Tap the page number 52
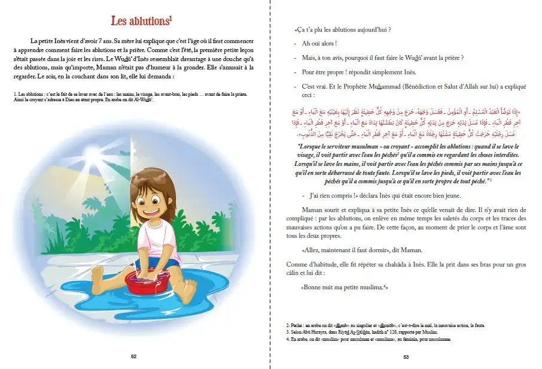click(133, 356)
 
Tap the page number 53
click(406, 356)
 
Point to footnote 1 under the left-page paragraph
click(129, 97)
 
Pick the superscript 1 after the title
click(170, 17)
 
